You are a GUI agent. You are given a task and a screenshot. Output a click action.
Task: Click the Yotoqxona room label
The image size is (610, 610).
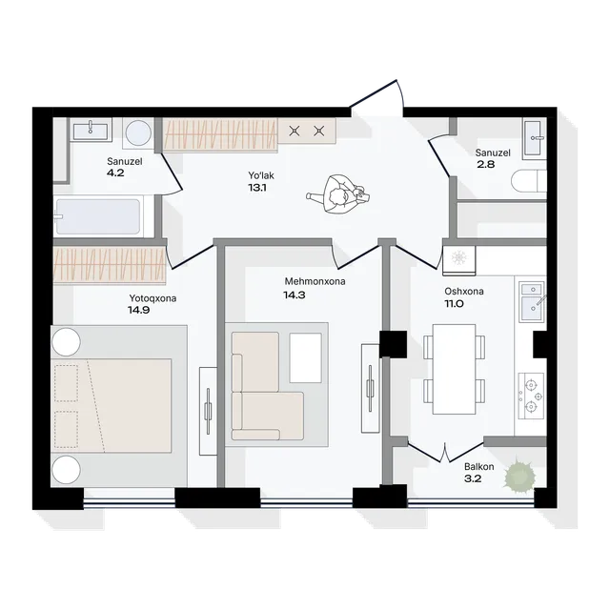[152, 298]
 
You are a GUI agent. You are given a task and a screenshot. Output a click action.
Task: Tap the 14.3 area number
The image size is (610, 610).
[295, 295]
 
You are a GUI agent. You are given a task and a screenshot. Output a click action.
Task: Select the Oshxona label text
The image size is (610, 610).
[464, 291]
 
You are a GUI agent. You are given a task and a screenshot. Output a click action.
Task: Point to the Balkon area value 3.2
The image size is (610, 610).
[473, 478]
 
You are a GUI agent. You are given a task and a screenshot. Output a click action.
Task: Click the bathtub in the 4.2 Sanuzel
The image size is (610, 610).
[97, 216]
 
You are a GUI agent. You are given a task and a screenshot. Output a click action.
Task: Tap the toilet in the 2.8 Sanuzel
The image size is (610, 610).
[529, 181]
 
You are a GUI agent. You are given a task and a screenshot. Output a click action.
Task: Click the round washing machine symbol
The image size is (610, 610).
[138, 133]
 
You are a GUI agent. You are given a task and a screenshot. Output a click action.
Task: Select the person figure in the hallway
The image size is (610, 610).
[338, 194]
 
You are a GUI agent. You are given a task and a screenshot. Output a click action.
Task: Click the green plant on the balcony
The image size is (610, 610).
[519, 476]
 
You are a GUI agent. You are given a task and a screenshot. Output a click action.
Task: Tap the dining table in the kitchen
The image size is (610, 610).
[454, 369]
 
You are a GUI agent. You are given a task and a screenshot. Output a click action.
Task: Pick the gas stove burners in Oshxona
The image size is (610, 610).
[531, 396]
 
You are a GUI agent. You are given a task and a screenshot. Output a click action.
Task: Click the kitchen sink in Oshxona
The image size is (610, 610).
[532, 302]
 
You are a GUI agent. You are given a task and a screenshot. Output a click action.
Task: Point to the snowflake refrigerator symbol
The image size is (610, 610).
[459, 258]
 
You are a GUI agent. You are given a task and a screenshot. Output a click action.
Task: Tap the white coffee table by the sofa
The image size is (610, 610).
[306, 357]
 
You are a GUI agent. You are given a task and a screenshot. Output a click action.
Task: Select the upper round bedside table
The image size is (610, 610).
[66, 342]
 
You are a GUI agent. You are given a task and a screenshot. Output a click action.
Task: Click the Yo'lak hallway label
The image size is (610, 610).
[261, 175]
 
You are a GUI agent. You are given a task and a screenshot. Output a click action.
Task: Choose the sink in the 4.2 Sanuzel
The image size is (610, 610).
[91, 131]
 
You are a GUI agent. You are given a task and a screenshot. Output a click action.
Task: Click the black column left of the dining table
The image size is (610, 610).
[393, 344]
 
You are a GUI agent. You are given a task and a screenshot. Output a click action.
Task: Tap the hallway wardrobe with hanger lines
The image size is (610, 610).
[220, 134]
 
